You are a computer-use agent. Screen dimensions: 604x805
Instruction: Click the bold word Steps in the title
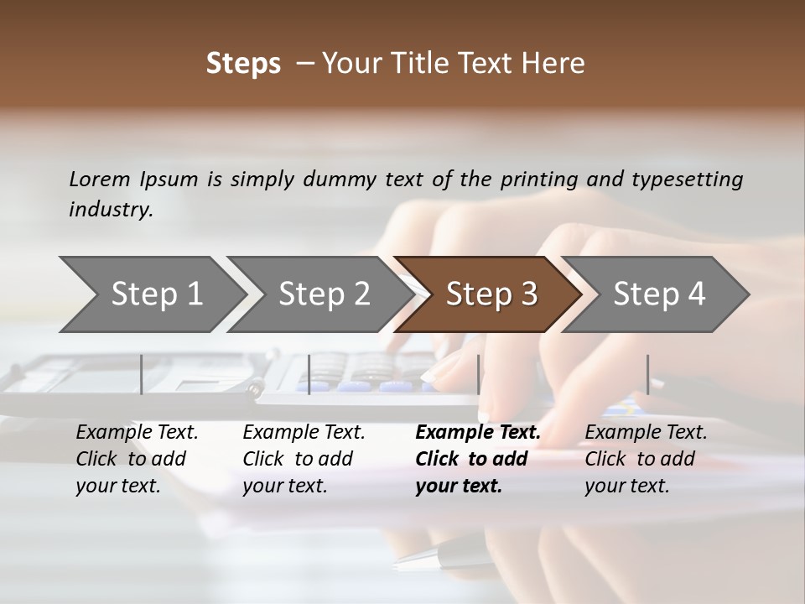click(243, 64)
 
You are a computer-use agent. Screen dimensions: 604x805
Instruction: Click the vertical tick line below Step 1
click(141, 374)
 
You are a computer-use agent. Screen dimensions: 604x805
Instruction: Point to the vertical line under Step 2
click(309, 374)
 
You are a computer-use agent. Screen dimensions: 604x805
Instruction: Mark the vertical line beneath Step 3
click(478, 374)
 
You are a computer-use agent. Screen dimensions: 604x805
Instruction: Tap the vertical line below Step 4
click(647, 374)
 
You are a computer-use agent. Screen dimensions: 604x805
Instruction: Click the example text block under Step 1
click(137, 459)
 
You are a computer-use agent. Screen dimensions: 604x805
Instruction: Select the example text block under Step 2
click(304, 459)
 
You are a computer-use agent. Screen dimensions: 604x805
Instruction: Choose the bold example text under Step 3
click(478, 459)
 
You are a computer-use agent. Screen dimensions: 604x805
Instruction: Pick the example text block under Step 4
click(646, 459)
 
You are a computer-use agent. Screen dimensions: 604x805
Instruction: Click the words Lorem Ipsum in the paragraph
click(133, 180)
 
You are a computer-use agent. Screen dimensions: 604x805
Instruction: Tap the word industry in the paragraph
click(110, 210)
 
